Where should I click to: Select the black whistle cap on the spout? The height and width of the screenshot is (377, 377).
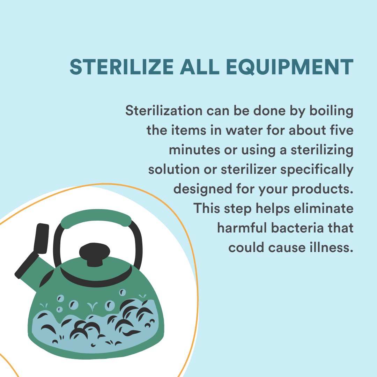(x=42, y=238)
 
